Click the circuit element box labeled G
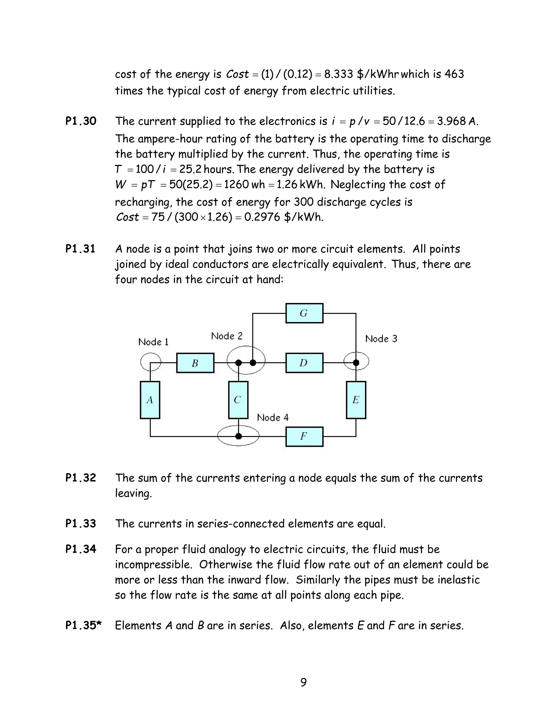(304, 313)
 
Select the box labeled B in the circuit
(195, 363)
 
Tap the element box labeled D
(304, 363)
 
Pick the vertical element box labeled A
(150, 400)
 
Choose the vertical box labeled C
(238, 400)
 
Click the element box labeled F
(304, 436)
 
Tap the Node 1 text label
(153, 342)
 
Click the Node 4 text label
(273, 417)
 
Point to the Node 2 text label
(226, 336)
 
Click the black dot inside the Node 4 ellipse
(238, 436)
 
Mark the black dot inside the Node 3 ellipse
(356, 363)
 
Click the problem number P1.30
(81, 121)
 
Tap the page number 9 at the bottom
(304, 682)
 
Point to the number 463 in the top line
(454, 74)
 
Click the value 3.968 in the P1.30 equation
(451, 121)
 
